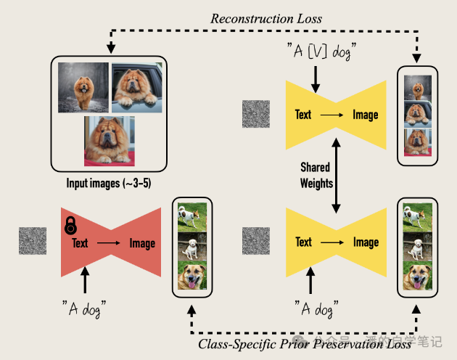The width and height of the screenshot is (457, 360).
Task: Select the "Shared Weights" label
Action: [316, 174]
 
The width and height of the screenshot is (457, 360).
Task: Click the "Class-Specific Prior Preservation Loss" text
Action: [305, 343]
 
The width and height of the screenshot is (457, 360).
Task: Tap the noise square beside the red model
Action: [33, 242]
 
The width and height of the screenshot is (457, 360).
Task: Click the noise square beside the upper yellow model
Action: [256, 115]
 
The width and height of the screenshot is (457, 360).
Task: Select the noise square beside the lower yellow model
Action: [256, 242]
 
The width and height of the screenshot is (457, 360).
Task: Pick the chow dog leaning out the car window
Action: [137, 87]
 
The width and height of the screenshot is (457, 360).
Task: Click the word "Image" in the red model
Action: [142, 243]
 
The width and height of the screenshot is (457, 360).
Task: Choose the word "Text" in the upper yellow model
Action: [304, 115]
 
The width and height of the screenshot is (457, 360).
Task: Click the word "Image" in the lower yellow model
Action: [366, 242]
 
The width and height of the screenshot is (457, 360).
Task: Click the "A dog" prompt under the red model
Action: [85, 310]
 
